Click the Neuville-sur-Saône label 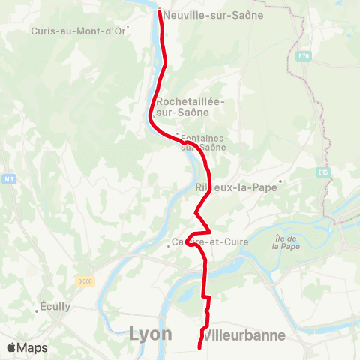point(213,15)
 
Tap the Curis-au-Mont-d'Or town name point(78,31)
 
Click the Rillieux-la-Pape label point(236,187)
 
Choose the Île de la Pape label point(286,241)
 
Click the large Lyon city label point(150,334)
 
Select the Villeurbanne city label point(245,335)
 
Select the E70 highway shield point(303,55)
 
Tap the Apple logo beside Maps point(12,348)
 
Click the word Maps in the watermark point(33,348)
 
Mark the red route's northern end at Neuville point(160,10)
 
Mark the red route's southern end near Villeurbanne point(199,347)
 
